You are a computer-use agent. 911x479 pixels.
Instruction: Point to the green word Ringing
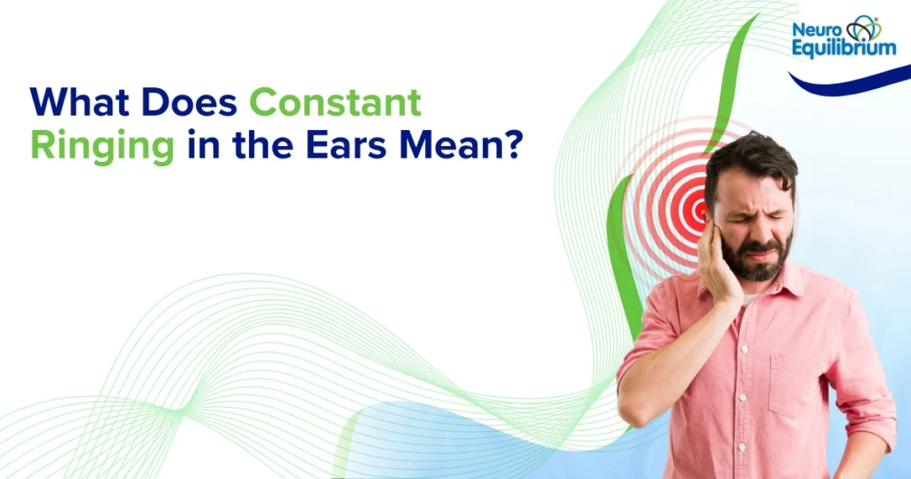tap(102, 146)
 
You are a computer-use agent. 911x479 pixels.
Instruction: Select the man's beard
tap(761, 263)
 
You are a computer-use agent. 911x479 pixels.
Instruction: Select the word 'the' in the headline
tap(260, 146)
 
